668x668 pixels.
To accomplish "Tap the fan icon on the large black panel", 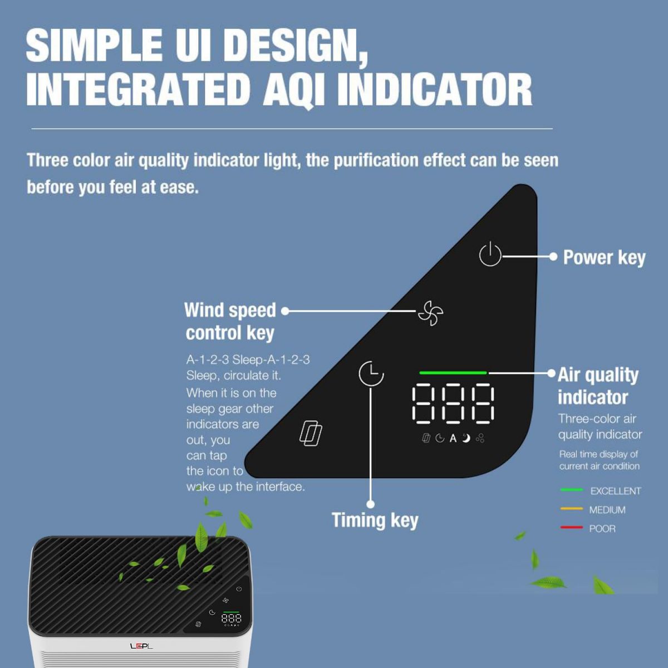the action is coord(430,313).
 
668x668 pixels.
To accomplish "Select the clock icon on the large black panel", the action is coord(371,374).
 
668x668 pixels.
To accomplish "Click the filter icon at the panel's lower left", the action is coord(311,433).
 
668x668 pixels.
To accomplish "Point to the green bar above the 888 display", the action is coord(453,372).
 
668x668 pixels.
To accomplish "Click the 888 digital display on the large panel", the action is coord(453,403).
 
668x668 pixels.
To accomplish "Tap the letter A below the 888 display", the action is coord(453,439).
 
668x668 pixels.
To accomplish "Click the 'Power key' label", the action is coord(604,258).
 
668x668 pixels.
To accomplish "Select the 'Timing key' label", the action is coord(375,520).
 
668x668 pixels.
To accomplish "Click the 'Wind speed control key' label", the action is coord(230,321).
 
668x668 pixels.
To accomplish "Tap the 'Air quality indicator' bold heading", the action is coord(598,386).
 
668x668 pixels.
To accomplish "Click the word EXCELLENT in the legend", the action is coord(616,491).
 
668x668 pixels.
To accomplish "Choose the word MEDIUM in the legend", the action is coord(607,510).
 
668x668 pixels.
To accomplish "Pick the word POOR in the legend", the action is coord(602,529).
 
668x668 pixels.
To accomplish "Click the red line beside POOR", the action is coord(571,528).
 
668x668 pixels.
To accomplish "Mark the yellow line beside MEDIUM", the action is coord(571,509).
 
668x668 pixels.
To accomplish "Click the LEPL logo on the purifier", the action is coord(141,646).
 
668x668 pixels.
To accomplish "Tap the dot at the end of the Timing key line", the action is coord(371,504).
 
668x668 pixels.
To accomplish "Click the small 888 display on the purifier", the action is coord(231,618).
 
